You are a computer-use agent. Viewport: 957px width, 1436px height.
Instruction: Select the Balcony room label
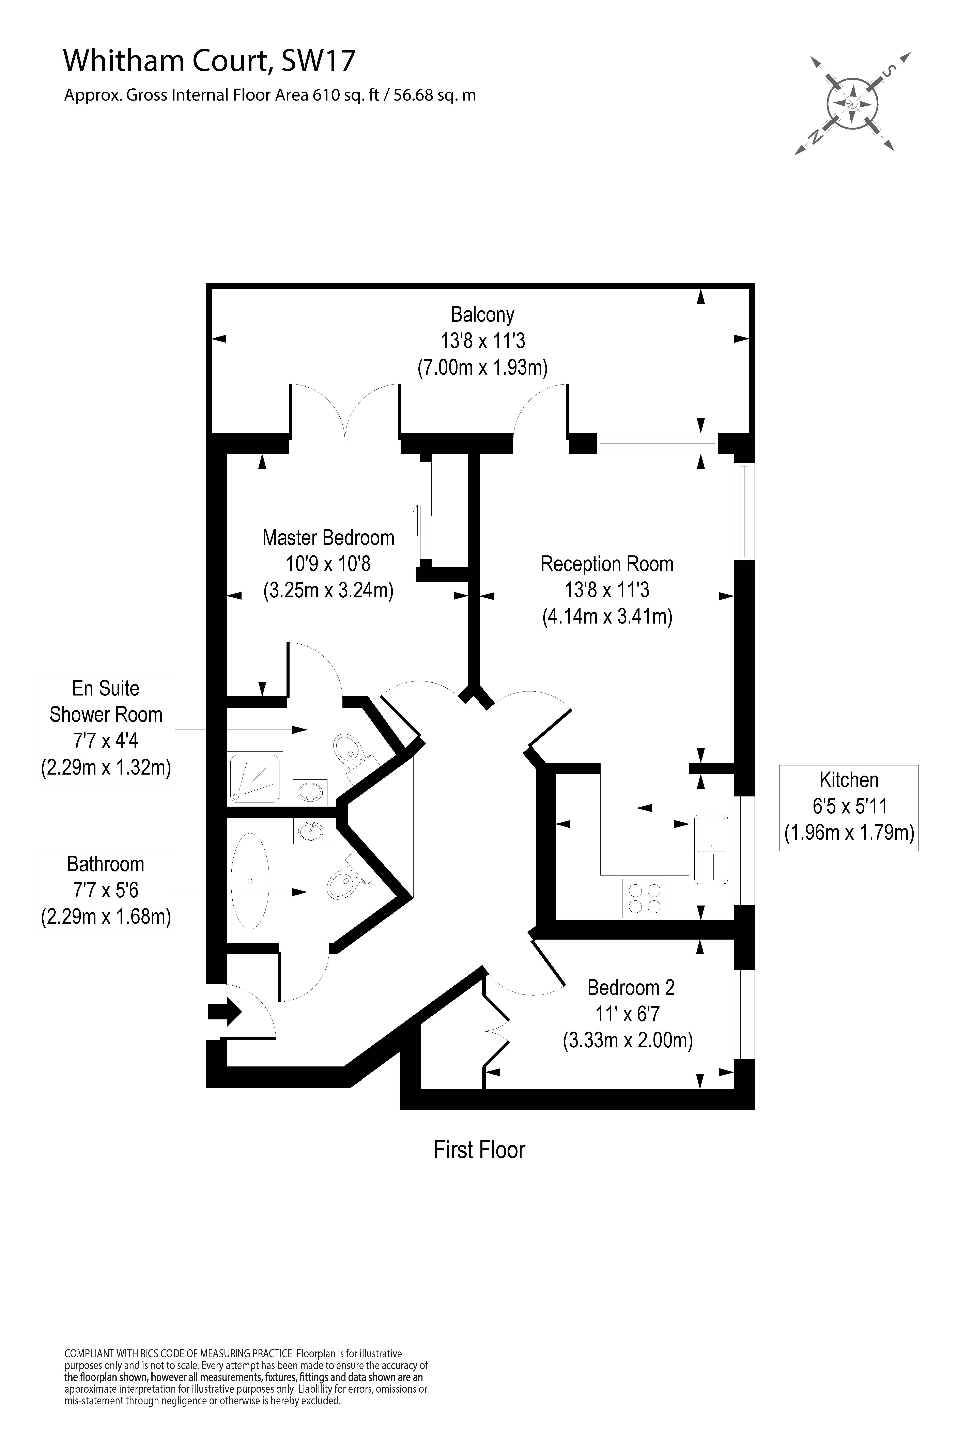coord(482,315)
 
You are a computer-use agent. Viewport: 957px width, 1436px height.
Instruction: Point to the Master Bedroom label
coord(328,538)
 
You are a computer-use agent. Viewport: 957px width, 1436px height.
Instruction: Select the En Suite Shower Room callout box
coord(106,728)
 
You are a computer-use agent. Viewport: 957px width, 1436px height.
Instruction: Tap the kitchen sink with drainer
coord(711,849)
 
